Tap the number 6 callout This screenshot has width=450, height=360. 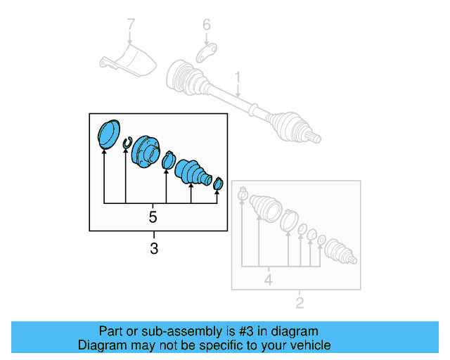[206, 26]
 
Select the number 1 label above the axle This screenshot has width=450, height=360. [238, 77]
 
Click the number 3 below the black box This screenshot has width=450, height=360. [154, 247]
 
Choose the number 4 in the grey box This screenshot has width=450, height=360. [267, 282]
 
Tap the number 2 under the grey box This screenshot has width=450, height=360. [299, 304]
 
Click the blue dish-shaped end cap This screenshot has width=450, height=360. [108, 134]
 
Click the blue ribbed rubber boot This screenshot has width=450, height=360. [192, 173]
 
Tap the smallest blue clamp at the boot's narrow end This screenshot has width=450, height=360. [218, 184]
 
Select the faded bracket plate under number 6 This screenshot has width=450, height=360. [204, 55]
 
